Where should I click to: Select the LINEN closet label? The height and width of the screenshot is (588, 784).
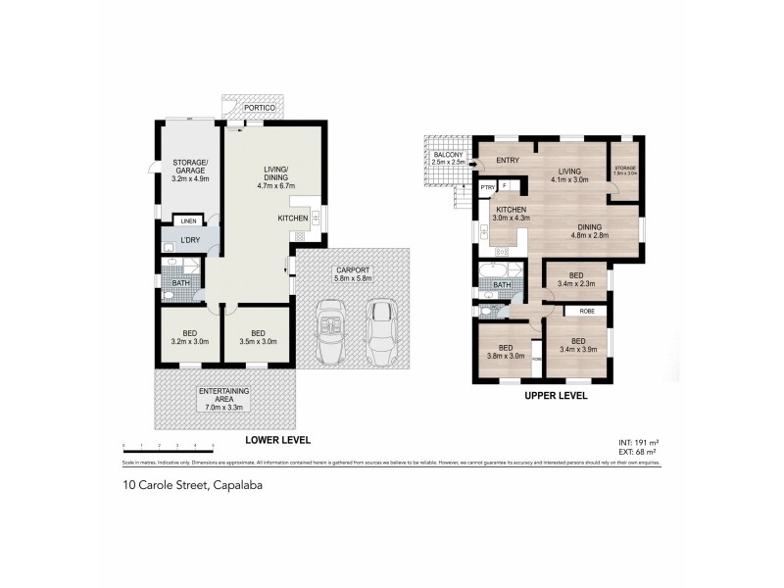pyautogui.click(x=188, y=221)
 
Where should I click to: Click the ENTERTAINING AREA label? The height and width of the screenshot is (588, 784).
pyautogui.click(x=224, y=398)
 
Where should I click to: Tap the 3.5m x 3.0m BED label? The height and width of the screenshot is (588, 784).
pyautogui.click(x=257, y=339)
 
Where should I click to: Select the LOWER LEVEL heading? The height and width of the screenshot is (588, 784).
pyautogui.click(x=271, y=440)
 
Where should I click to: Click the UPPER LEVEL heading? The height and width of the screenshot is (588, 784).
pyautogui.click(x=557, y=397)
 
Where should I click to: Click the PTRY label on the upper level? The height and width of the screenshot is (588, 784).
pyautogui.click(x=487, y=186)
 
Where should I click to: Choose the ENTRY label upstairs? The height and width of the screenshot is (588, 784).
pyautogui.click(x=508, y=161)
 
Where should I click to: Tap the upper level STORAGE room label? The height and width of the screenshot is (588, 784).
pyautogui.click(x=625, y=171)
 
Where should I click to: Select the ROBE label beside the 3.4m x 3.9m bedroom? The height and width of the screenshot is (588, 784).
pyautogui.click(x=587, y=311)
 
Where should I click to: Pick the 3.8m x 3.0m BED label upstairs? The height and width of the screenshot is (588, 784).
pyautogui.click(x=505, y=353)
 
